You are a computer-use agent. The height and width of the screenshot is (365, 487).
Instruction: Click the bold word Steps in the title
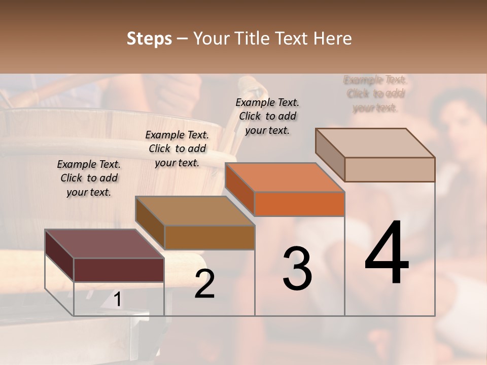click(149, 39)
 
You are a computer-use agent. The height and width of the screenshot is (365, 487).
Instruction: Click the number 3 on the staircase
click(297, 268)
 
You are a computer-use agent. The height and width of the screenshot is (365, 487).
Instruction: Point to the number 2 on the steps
click(204, 283)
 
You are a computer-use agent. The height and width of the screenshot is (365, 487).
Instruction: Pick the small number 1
click(117, 300)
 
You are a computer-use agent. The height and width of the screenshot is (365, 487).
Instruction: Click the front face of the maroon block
click(119, 270)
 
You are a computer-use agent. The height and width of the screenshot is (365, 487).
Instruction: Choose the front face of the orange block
click(299, 204)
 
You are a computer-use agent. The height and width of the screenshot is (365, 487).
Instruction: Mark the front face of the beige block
click(390, 169)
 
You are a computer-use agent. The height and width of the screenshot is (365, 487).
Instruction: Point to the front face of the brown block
click(210, 237)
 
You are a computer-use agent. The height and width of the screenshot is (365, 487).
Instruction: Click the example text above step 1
click(89, 178)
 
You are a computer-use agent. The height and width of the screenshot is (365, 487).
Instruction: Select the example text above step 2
click(177, 149)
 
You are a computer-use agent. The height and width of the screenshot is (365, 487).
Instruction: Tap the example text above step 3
click(267, 116)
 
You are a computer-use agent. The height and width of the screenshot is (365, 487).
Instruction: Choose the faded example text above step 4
click(375, 94)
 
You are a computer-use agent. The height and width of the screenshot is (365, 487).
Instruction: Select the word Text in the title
click(295, 39)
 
